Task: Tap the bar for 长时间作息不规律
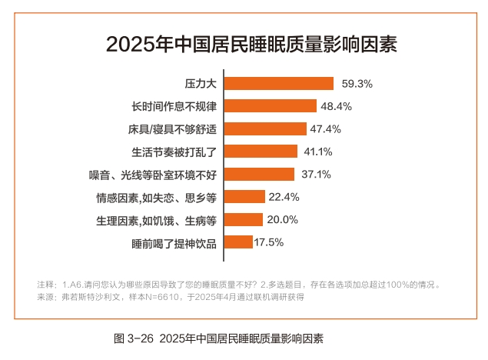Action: click(271, 106)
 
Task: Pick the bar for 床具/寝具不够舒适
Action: click(270, 128)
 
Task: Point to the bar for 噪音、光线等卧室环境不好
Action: click(260, 174)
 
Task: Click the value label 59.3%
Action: click(357, 83)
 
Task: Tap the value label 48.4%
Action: click(337, 106)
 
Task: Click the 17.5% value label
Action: click(269, 242)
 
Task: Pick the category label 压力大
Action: click(201, 83)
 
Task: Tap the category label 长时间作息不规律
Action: click(174, 106)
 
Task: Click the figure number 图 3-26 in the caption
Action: click(134, 338)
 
